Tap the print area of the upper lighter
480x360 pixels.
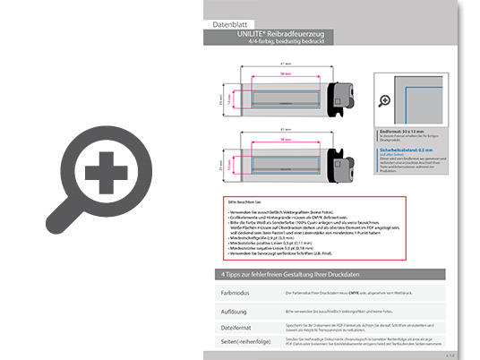pyautogui.click(x=285, y=98)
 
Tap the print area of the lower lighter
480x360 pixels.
pyautogui.click(x=285, y=161)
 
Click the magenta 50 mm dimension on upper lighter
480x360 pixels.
pyautogui.click(x=285, y=74)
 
